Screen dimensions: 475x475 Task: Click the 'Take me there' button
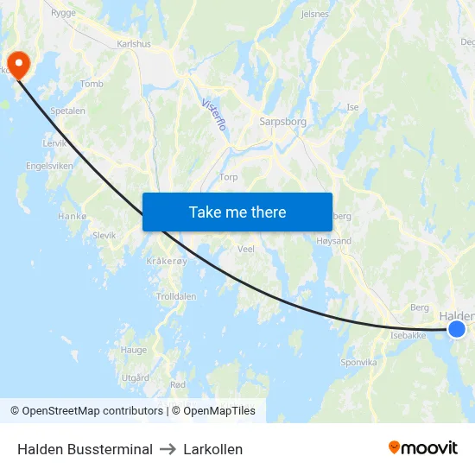pos(237,212)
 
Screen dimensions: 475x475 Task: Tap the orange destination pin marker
pos(18,64)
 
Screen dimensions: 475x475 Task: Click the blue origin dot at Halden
pos(457,329)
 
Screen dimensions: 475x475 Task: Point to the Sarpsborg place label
pos(282,122)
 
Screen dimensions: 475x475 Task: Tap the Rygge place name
pos(63,13)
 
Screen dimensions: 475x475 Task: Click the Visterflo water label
pos(213,114)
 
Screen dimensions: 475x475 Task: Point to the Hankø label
pos(73,216)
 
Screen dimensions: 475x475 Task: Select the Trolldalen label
pos(176,296)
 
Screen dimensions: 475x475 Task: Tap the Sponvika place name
pos(360,363)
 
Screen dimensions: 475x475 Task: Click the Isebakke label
pos(408,335)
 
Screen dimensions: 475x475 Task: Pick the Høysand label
pos(335,241)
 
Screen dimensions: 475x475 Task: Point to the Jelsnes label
pos(314,15)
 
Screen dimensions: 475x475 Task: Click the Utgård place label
pos(136,377)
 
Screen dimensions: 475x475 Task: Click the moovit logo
pos(423,448)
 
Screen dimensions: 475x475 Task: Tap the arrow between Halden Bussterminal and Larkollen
pos(168,449)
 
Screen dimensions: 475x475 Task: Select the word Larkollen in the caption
pos(212,449)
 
